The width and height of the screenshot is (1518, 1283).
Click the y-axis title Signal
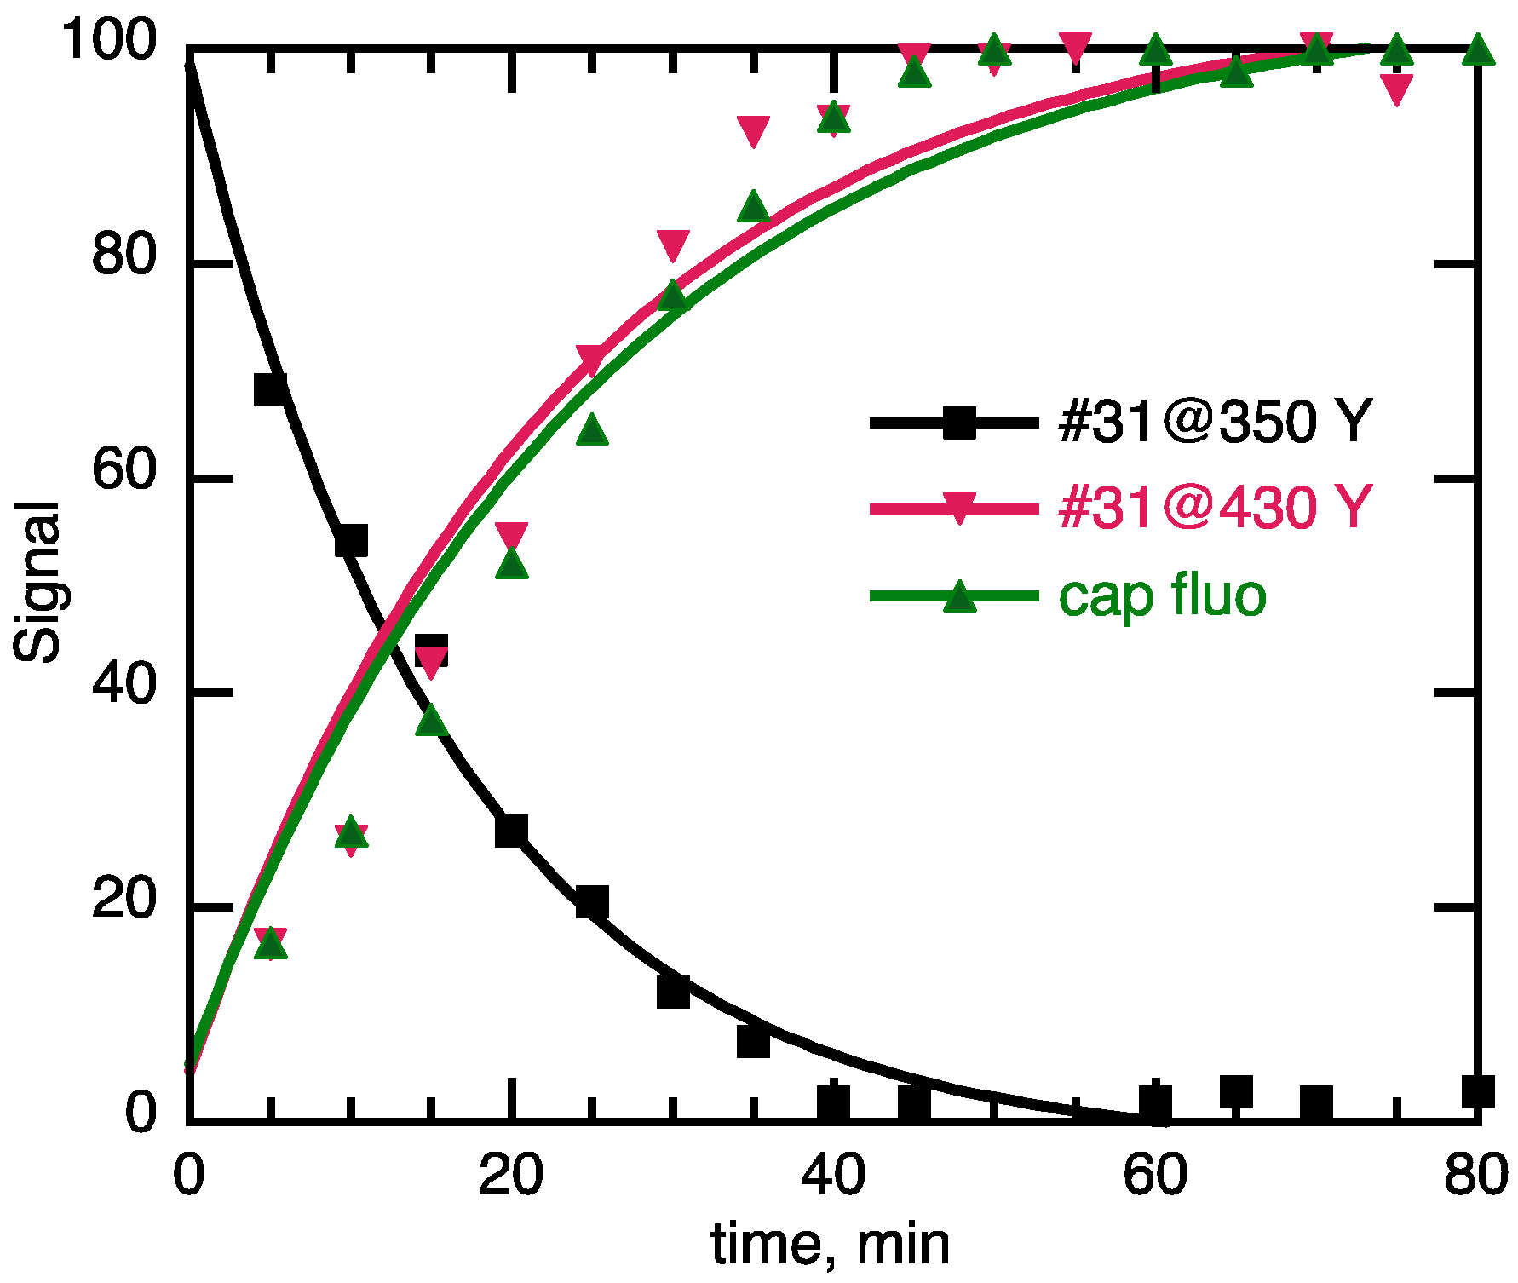pos(37,582)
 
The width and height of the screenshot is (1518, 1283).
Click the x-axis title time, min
pos(830,1245)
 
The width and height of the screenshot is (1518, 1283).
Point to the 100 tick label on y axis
pos(110,39)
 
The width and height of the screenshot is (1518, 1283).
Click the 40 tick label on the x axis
pos(833,1175)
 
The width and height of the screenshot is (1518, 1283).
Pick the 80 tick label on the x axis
pos(1475,1175)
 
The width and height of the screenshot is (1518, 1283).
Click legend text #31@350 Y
pos(1216,421)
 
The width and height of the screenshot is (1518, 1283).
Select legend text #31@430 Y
pos(1216,508)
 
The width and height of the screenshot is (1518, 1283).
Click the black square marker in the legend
pos(960,423)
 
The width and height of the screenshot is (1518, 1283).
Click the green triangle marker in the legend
pos(960,596)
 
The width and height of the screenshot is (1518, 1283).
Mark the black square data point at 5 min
pos(270,389)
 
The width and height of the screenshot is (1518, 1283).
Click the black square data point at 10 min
pos(350,541)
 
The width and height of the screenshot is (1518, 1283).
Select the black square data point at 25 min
pos(592,901)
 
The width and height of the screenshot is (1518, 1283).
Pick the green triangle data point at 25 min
pos(592,430)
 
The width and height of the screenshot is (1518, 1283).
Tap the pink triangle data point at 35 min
pos(753,131)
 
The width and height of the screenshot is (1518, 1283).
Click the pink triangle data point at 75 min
pos(1397,89)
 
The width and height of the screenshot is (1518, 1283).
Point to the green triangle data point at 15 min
pos(432,720)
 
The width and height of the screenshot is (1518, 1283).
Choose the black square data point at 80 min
pos(1478,1091)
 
